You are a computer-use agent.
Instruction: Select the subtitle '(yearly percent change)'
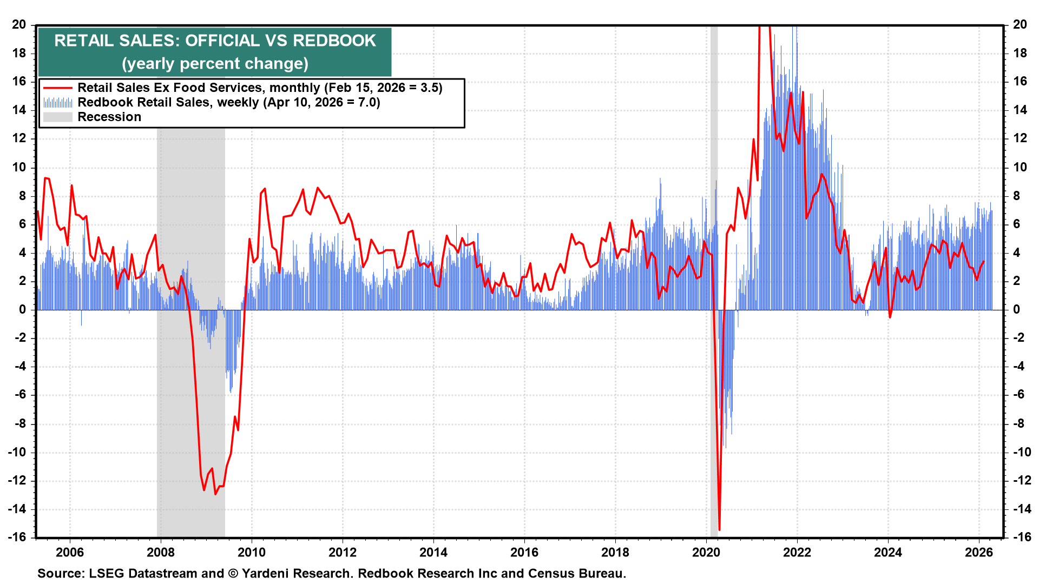[x=215, y=64]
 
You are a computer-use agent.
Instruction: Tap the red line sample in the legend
[x=57, y=88]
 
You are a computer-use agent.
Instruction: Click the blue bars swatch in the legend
[x=57, y=102]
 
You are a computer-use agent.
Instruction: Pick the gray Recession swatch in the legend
[x=57, y=117]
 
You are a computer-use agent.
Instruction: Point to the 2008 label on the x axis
[x=161, y=552]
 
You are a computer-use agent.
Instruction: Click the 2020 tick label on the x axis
[x=706, y=552]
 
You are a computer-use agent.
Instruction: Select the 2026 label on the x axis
[x=979, y=552]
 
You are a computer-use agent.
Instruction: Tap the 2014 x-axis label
[x=433, y=552]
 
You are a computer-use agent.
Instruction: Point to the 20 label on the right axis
[x=1020, y=24]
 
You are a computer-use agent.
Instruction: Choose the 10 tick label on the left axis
[x=19, y=167]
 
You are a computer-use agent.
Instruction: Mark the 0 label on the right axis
[x=1016, y=309]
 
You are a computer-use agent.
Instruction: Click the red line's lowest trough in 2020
[x=719, y=529]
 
